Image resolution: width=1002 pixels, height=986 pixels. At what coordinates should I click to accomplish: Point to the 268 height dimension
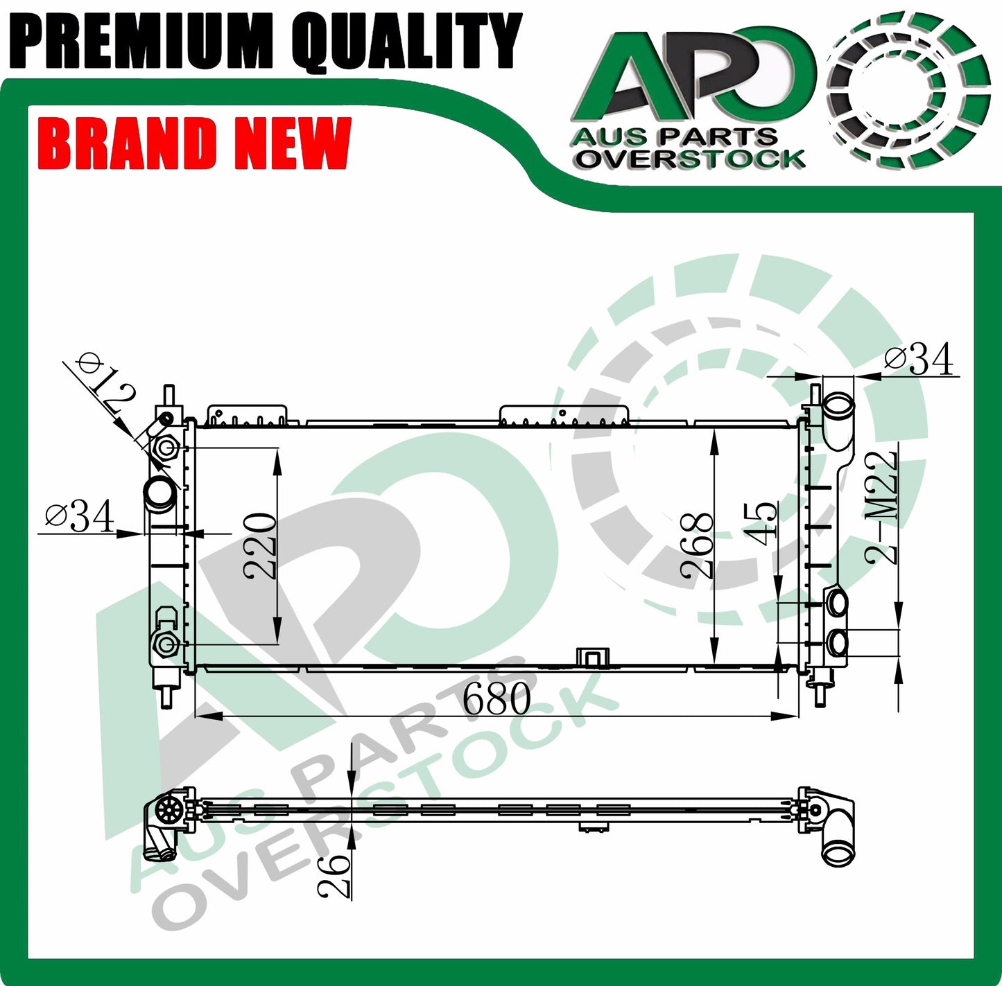tap(697, 546)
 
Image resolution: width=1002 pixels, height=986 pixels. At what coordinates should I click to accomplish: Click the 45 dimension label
tap(763, 524)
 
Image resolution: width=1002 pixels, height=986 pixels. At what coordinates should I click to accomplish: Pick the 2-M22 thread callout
tap(882, 507)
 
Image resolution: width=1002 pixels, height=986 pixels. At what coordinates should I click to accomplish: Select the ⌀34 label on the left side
tap(80, 516)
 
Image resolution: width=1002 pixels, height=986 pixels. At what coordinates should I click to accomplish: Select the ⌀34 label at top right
tap(919, 359)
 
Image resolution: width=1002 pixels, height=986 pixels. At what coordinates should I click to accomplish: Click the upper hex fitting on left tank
tap(166, 448)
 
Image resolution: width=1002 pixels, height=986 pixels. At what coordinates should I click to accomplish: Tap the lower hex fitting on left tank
tap(165, 645)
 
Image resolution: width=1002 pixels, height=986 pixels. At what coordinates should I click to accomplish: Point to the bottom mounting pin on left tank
tap(167, 694)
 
